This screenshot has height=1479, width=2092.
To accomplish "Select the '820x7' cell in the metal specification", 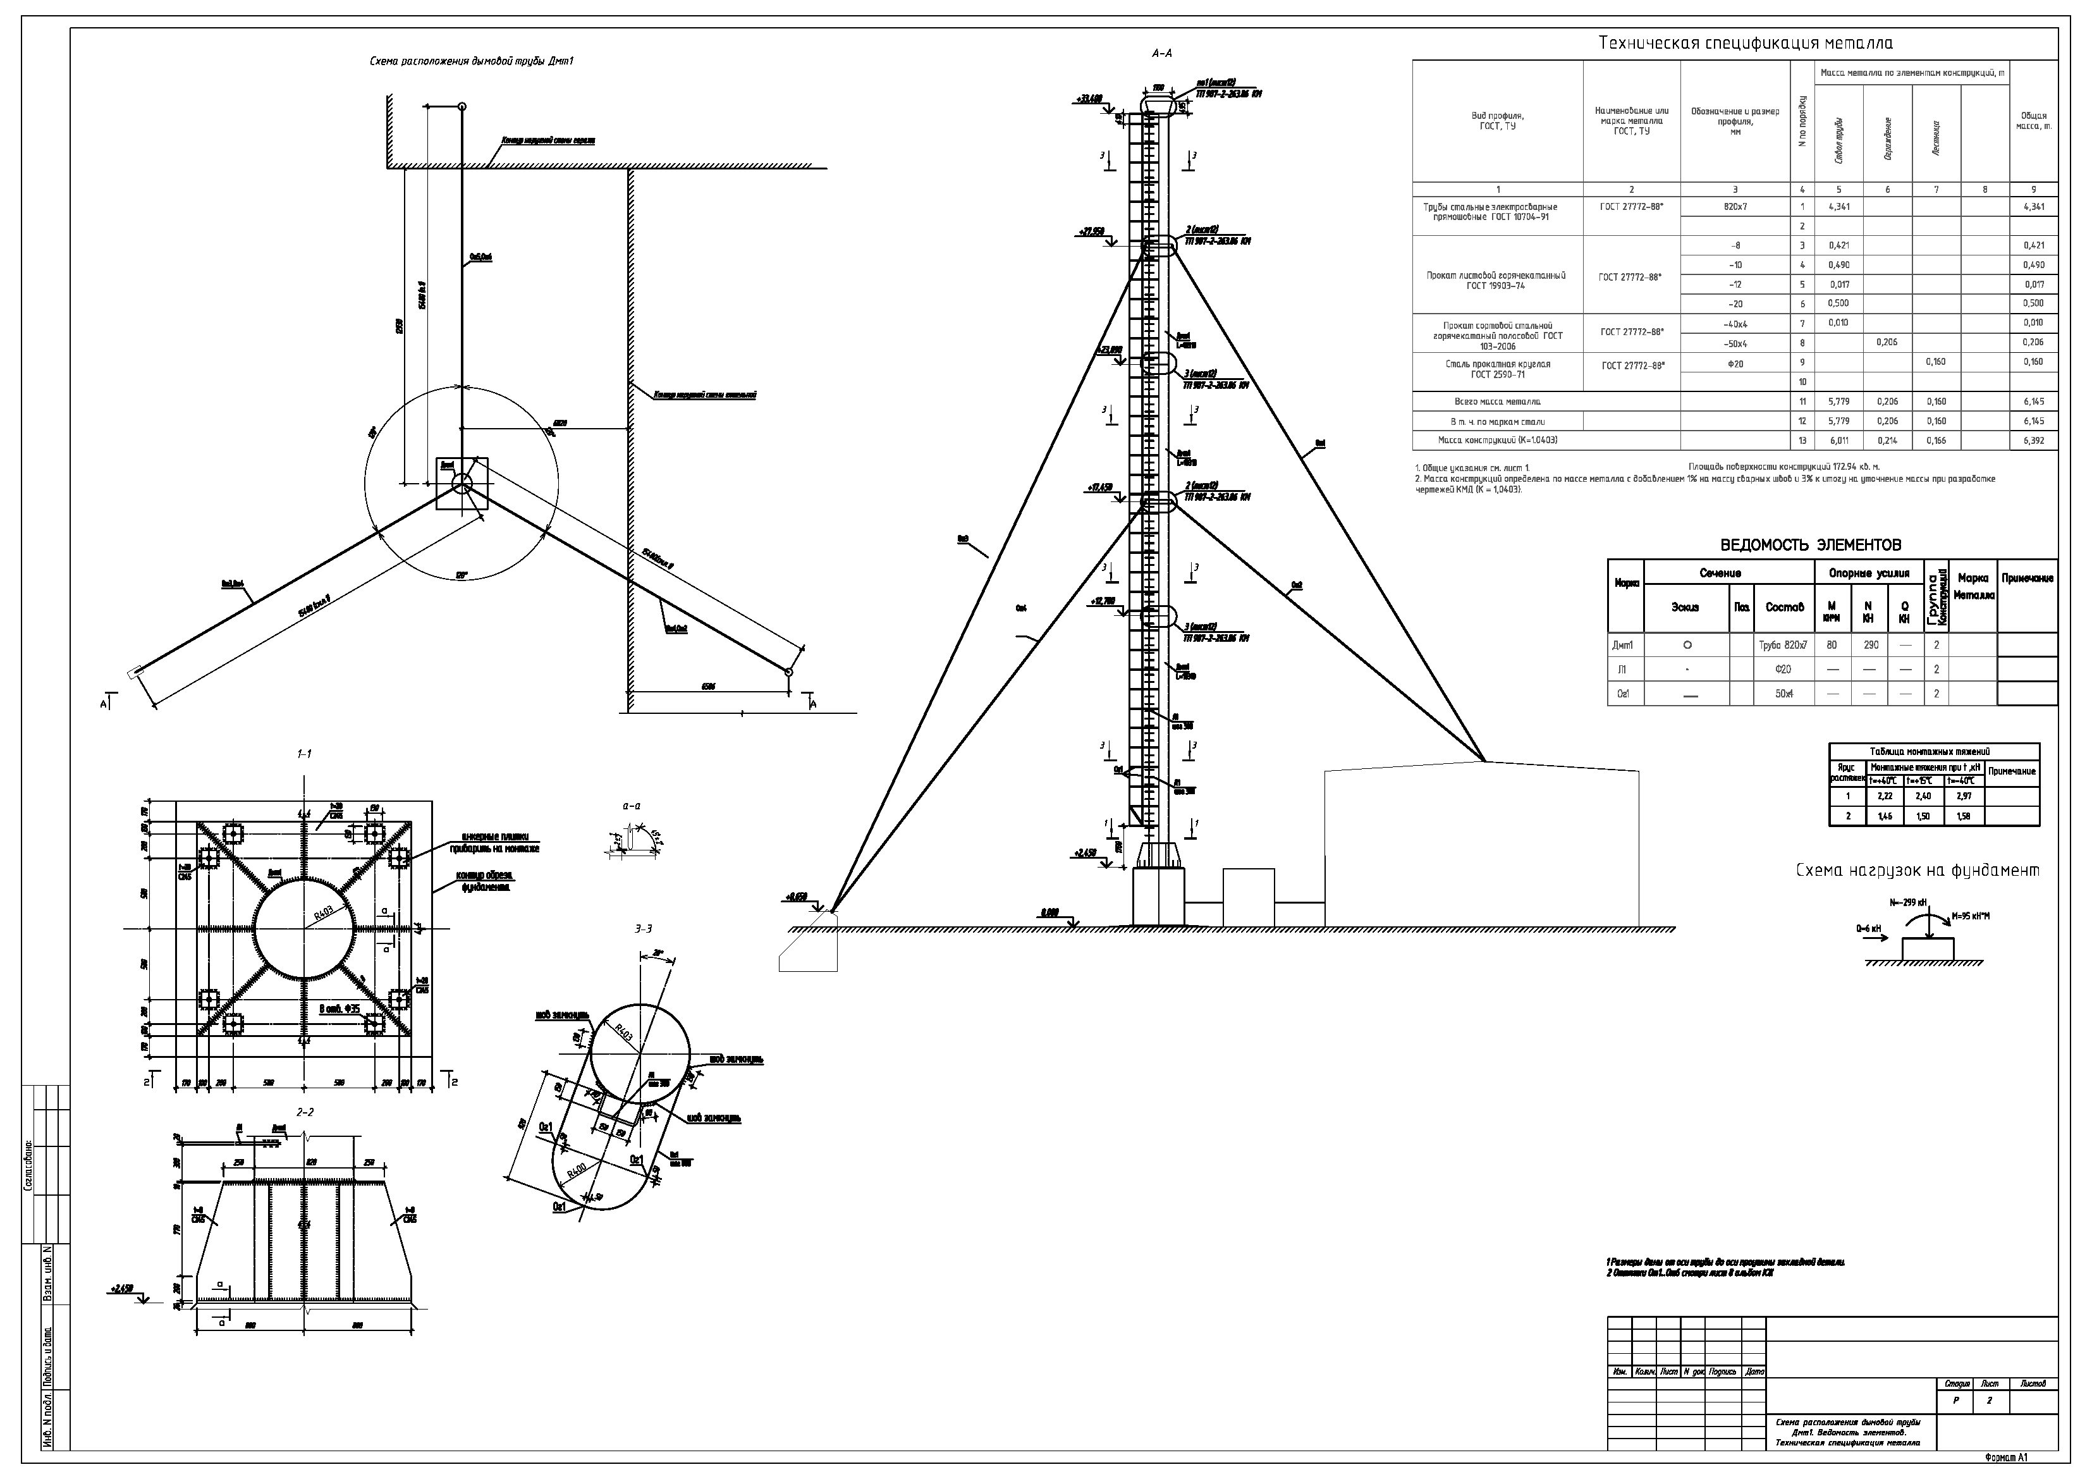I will coord(1735,207).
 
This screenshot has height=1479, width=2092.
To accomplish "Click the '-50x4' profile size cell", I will coord(1735,343).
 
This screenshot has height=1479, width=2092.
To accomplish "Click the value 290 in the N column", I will coord(1868,645).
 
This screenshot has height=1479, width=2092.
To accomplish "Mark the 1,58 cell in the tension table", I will coord(1964,816).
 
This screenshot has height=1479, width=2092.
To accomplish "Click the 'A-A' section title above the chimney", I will coord(1162,54).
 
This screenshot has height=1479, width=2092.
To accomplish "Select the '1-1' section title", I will coord(304,754).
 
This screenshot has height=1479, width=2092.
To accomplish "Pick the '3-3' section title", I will coord(643,929).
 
